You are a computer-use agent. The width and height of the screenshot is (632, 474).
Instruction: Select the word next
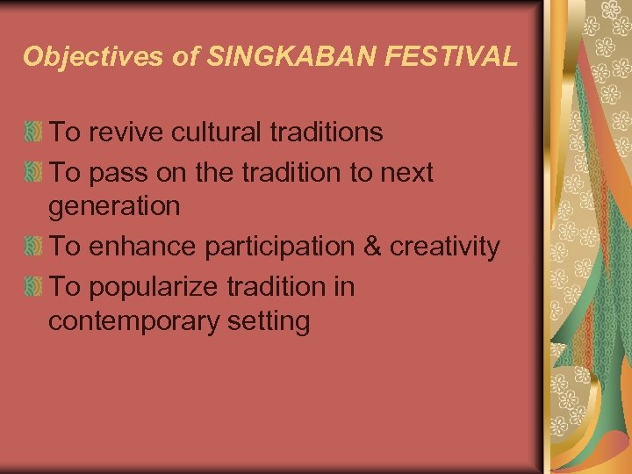(406, 174)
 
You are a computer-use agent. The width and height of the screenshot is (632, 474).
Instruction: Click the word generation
(114, 207)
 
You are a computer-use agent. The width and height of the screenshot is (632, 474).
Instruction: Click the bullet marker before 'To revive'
(35, 133)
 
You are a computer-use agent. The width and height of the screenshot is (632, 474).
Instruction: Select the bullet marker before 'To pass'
(35, 174)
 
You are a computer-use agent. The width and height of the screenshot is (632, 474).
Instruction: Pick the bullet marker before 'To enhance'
(35, 248)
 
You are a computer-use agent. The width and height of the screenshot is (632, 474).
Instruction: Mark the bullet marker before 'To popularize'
(35, 288)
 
